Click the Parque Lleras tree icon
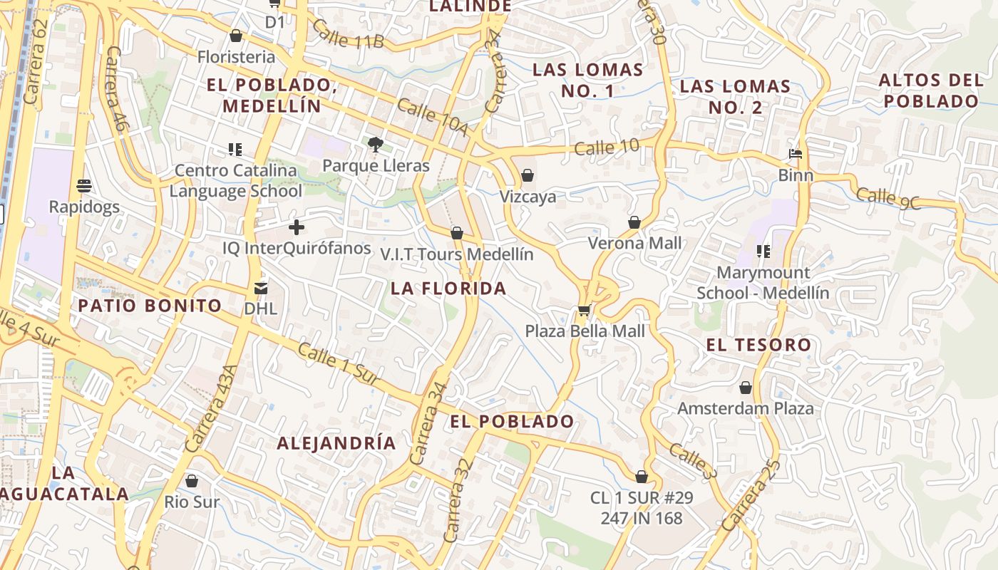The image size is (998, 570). coord(376,145)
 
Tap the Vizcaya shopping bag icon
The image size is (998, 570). coord(528,175)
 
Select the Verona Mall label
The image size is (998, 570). coord(634,243)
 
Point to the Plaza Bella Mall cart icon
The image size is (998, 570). coord(585,310)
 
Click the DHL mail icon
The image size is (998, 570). coord(260,289)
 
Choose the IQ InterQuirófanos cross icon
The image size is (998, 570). coord(297,228)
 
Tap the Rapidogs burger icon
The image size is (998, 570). coord(84,187)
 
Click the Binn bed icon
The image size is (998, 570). coord(796,154)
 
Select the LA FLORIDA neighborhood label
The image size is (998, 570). coord(448,289)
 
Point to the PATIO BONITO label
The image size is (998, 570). coord(150,306)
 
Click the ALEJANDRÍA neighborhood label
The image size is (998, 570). coord(336,443)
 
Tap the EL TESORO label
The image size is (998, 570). coord(758,346)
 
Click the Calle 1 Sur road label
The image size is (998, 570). coord(339,363)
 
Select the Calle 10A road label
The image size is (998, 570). coord(433,117)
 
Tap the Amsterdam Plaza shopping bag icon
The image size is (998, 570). coord(746,388)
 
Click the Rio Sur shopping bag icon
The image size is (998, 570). coord(191,482)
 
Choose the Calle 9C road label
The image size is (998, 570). coord(888,199)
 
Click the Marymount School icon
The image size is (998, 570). coord(763,252)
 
